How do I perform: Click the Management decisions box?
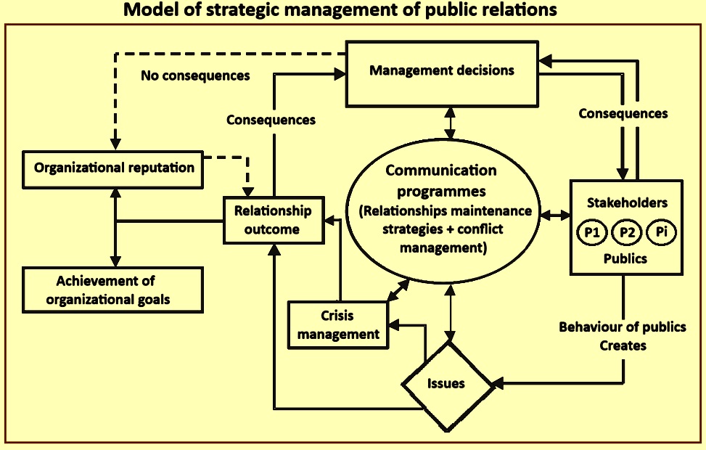(x=442, y=71)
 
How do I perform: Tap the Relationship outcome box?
(x=272, y=220)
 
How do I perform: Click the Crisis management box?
(x=338, y=325)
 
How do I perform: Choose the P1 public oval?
(x=591, y=234)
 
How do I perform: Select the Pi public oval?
(x=660, y=234)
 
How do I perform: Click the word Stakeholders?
(x=626, y=203)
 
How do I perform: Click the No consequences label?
(x=195, y=75)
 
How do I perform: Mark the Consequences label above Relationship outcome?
(x=271, y=120)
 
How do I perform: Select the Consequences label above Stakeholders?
(x=623, y=114)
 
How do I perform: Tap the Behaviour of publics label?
(x=622, y=327)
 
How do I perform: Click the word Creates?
(x=623, y=345)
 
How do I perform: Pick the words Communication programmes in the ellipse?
(x=441, y=181)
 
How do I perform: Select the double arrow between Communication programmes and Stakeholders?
(x=554, y=215)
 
